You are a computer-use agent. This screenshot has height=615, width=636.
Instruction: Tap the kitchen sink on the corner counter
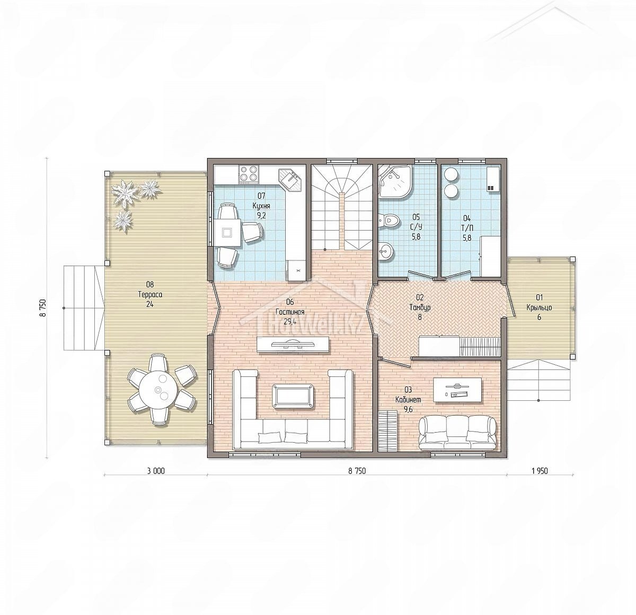click(290, 180)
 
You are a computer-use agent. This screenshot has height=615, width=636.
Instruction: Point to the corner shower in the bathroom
click(394, 182)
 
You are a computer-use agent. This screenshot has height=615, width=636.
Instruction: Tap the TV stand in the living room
click(293, 345)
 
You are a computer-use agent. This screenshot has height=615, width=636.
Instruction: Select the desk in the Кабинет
click(457, 390)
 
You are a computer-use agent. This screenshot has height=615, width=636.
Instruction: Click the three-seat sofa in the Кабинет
click(457, 433)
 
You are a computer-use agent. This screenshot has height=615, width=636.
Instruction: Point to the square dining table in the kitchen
click(227, 232)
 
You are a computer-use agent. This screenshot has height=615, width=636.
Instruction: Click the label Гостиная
click(290, 312)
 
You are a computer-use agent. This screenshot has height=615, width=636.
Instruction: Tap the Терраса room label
click(150, 295)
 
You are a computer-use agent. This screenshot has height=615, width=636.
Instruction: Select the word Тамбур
click(420, 307)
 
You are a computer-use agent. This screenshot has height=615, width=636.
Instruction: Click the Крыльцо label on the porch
click(539, 307)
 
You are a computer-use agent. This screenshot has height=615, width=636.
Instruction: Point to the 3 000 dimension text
click(156, 471)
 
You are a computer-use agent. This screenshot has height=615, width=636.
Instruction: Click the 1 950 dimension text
click(540, 471)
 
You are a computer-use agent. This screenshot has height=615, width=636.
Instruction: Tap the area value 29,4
click(290, 322)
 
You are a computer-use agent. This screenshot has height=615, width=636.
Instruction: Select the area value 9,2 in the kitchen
click(261, 216)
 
